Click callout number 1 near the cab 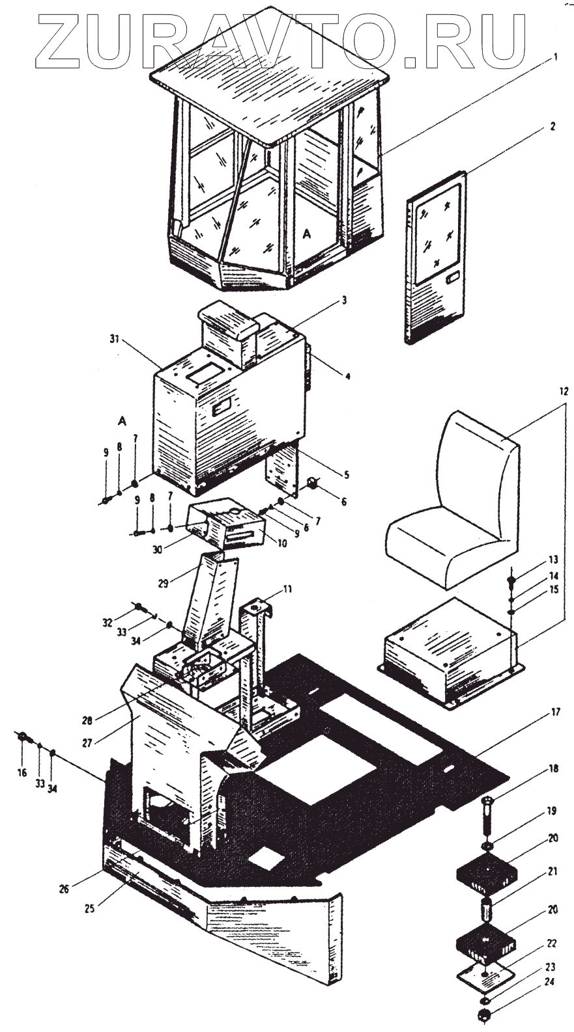coord(555,57)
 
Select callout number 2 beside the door coord(552,127)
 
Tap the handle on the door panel coord(451,280)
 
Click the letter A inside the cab coord(308,232)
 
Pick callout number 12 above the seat coord(564,391)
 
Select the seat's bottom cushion coord(443,547)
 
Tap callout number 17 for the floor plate coord(555,712)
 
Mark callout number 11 coord(287,590)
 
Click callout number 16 coord(22,772)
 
